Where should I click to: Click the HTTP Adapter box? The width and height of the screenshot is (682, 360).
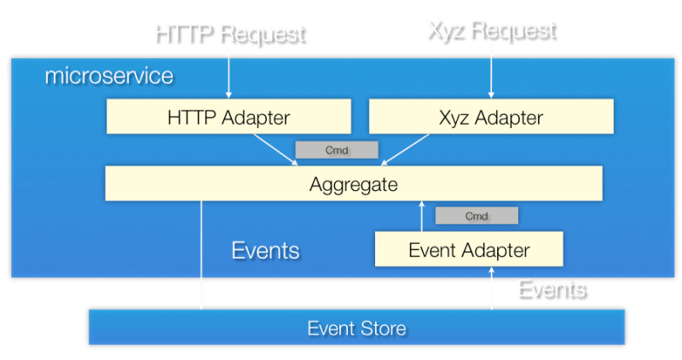(228, 116)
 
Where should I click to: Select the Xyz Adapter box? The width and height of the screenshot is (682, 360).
(490, 116)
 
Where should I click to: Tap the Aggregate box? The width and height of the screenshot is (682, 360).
(353, 183)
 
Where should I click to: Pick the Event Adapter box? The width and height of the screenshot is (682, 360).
(469, 250)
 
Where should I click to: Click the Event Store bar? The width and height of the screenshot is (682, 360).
(356, 328)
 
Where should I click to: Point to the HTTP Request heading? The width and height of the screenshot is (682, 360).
(228, 33)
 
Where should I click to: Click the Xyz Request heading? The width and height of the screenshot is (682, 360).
(490, 30)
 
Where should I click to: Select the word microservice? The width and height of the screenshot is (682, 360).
(108, 76)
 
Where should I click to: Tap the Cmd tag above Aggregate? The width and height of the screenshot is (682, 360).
(336, 150)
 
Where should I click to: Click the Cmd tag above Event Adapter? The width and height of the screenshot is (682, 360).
(476, 216)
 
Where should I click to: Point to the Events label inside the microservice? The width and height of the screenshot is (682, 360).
(265, 250)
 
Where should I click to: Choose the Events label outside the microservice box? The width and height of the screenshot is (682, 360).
(551, 288)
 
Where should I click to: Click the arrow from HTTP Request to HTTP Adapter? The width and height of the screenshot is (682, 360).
(228, 73)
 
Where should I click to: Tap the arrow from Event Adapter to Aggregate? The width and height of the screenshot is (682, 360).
(421, 218)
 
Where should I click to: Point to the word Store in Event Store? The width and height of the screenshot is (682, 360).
(383, 328)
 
